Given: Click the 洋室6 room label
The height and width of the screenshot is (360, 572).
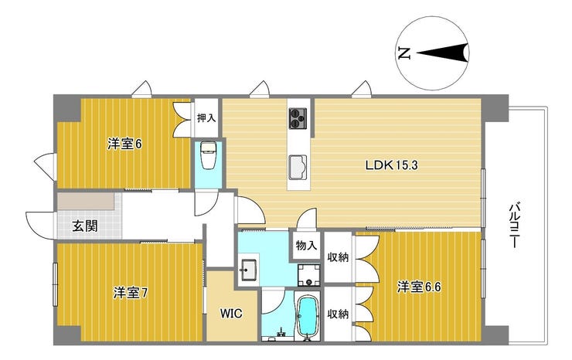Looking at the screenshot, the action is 124,144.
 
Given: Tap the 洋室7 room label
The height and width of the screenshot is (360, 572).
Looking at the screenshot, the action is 130,293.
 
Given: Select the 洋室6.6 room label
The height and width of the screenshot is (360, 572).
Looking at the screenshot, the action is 419,287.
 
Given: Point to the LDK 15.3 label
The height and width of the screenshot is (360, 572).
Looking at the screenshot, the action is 391,165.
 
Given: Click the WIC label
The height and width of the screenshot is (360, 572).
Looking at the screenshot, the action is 231,314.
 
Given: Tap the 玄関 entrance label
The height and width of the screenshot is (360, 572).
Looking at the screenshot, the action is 85,226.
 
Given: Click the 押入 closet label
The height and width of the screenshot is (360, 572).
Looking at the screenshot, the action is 206,118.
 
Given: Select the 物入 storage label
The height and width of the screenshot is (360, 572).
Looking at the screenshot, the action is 306,246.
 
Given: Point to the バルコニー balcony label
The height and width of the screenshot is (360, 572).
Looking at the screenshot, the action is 514,225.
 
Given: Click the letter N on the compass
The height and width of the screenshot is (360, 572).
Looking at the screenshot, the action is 404,53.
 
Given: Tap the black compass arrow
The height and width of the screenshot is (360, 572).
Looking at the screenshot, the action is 442,53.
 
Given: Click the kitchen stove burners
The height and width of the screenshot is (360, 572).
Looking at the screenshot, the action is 298,118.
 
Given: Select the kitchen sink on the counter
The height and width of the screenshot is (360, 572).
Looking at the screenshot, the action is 298,167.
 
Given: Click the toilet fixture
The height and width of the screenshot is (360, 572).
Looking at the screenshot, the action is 209,155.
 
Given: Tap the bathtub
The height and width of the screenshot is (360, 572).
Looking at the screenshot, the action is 308,316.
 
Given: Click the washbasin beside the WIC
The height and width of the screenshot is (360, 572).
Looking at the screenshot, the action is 249,270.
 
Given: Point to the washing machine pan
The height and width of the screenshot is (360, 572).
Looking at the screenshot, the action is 309,275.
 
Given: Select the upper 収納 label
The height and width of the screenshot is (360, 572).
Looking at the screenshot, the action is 338,257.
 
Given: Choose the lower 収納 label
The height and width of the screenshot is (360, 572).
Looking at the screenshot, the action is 338,314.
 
